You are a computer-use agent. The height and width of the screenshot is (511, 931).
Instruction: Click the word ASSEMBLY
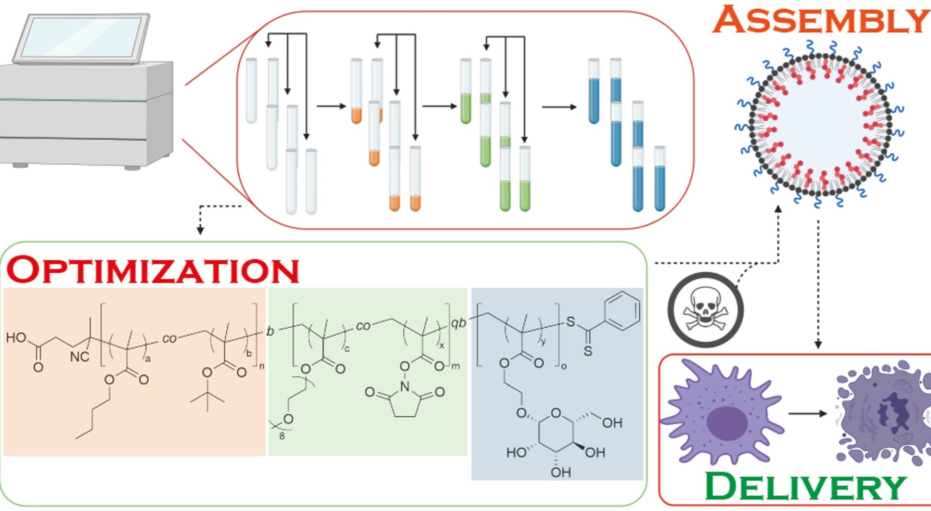pyautogui.click(x=820, y=20)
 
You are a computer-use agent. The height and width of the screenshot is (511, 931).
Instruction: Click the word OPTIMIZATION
pyautogui.click(x=153, y=270)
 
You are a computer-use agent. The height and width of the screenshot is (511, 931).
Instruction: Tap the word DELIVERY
pyautogui.click(x=805, y=487)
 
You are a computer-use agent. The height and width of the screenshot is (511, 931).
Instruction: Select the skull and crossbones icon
pyautogui.click(x=705, y=310)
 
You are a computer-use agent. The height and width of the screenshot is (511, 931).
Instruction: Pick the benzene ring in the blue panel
pyautogui.click(x=622, y=311)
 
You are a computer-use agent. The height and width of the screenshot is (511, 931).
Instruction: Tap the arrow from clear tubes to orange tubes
pyautogui.click(x=331, y=106)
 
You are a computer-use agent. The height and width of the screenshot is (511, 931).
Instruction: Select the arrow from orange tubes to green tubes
pyautogui.click(x=439, y=106)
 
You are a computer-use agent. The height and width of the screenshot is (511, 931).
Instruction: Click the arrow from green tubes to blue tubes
pyautogui.click(x=559, y=106)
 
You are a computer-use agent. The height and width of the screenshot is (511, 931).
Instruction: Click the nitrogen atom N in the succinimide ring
pyautogui.click(x=405, y=386)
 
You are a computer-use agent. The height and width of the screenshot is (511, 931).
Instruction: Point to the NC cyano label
pyautogui.click(x=79, y=357)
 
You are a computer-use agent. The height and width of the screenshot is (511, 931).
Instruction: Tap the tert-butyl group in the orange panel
pyautogui.click(x=207, y=397)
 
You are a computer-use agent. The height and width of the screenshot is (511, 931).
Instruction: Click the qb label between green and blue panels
pyautogui.click(x=458, y=323)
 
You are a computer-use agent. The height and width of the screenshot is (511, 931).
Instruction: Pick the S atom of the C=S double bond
pyautogui.click(x=587, y=351)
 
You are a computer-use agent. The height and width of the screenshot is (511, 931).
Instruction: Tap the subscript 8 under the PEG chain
pyautogui.click(x=282, y=436)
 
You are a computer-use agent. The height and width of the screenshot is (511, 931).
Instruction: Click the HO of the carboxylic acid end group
pyautogui.click(x=16, y=337)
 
